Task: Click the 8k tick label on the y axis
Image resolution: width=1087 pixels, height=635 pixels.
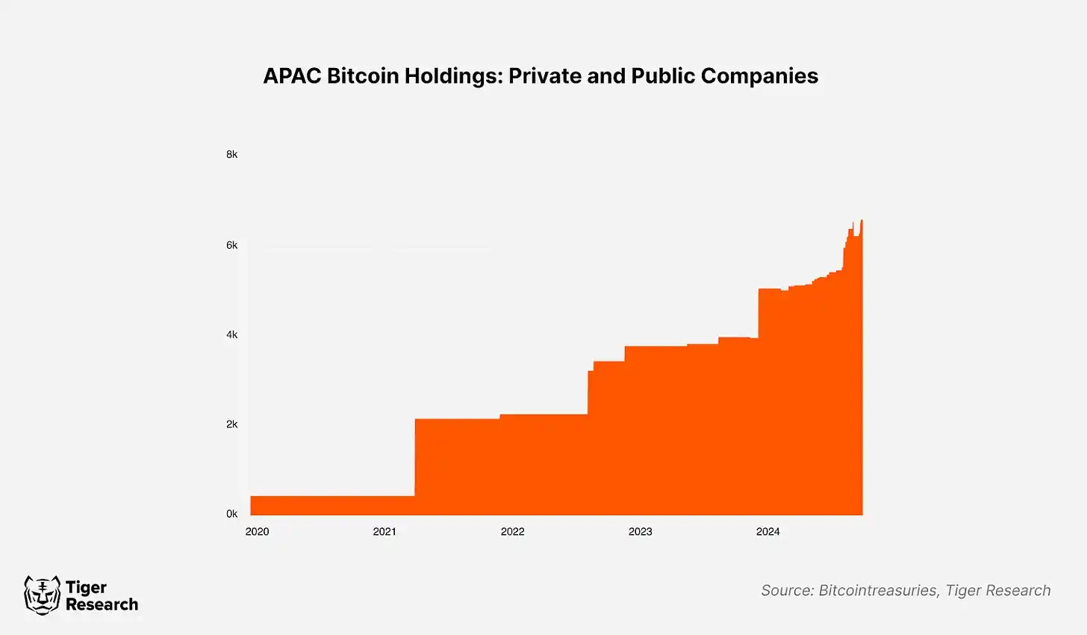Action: coord(232,155)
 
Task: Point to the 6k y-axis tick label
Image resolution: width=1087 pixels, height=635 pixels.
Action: coord(232,245)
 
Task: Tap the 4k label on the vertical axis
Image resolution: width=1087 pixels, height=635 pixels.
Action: coord(232,335)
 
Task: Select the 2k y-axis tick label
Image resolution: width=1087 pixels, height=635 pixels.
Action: coord(232,424)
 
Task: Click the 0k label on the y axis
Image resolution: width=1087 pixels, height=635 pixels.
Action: coord(232,514)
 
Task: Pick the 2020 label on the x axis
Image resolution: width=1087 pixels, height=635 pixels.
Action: coord(257,532)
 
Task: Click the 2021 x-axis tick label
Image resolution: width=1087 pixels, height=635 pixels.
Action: coord(384,532)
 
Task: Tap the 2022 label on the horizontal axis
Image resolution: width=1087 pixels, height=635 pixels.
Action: coord(512,532)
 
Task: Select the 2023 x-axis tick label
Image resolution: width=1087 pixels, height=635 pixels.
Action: coord(640,532)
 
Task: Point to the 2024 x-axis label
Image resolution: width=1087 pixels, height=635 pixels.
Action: coord(767,532)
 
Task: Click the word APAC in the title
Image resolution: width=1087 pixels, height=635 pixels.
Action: coord(292,76)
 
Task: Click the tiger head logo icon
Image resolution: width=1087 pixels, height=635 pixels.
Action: coord(42,595)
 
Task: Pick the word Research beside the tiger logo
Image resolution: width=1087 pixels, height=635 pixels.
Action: coord(102,604)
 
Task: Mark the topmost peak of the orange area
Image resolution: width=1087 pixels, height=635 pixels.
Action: coord(862,220)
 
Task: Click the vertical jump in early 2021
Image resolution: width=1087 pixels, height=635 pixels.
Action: coord(414,457)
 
